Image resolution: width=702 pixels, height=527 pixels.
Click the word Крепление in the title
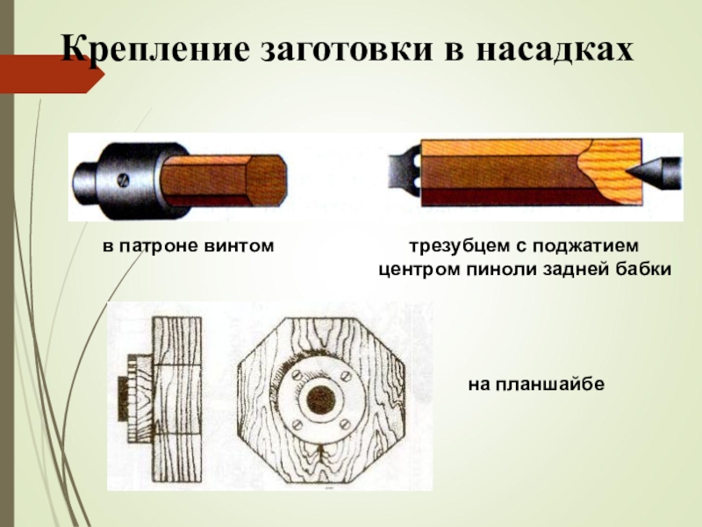pyautogui.click(x=154, y=49)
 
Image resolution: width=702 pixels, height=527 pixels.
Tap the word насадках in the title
pyautogui.click(x=555, y=49)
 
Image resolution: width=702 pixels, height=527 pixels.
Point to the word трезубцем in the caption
pyautogui.click(x=459, y=246)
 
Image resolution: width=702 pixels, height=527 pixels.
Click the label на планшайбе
pyautogui.click(x=536, y=385)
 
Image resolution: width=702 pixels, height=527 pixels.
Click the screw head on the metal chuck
pyautogui.click(x=122, y=181)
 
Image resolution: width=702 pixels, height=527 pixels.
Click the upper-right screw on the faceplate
pyautogui.click(x=345, y=375)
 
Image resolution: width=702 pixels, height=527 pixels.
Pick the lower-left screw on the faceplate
pyautogui.click(x=296, y=423)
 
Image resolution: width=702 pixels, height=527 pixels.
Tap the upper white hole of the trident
pyautogui.click(x=418, y=160)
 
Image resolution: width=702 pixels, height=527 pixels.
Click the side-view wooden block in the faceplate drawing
pyautogui.click(x=177, y=400)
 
